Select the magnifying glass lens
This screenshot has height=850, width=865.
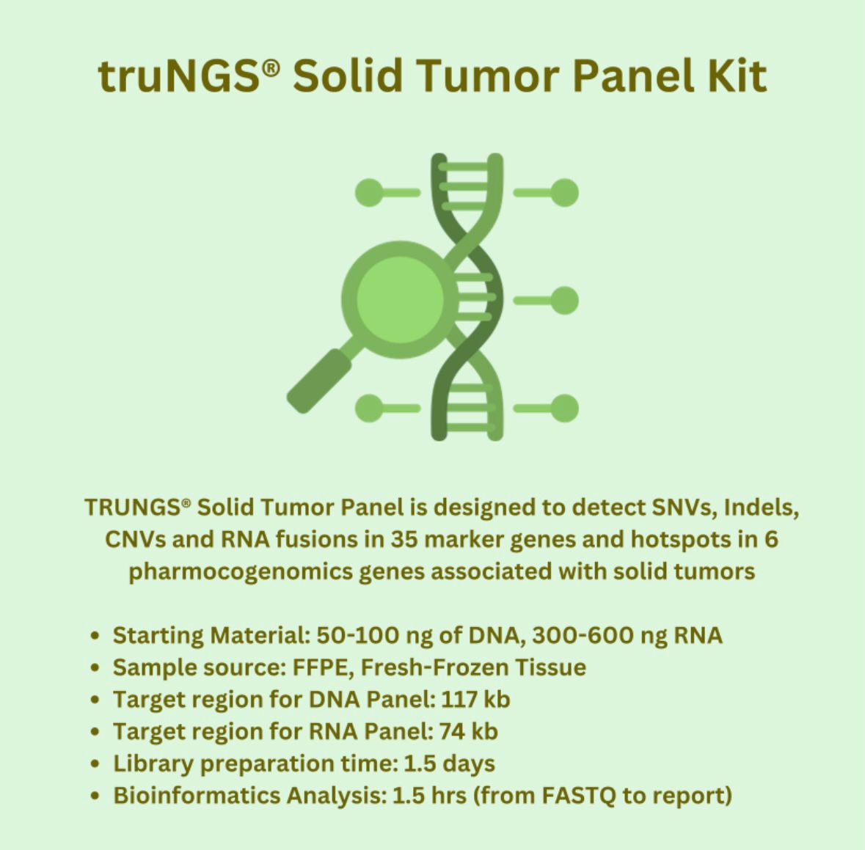(x=400, y=299)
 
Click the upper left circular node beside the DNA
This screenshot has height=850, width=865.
(x=369, y=192)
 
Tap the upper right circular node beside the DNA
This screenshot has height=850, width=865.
(x=564, y=192)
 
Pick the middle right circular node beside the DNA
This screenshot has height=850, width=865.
(x=564, y=301)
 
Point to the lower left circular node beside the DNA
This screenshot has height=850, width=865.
(x=369, y=408)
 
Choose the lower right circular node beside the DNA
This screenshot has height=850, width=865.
(x=564, y=408)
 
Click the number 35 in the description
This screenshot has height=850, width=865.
(x=404, y=540)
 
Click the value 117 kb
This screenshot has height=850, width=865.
(x=475, y=700)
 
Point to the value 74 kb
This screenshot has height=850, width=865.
(x=468, y=731)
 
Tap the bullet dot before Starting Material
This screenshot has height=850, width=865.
(x=95, y=636)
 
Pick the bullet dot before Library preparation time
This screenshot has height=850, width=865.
(x=95, y=764)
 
